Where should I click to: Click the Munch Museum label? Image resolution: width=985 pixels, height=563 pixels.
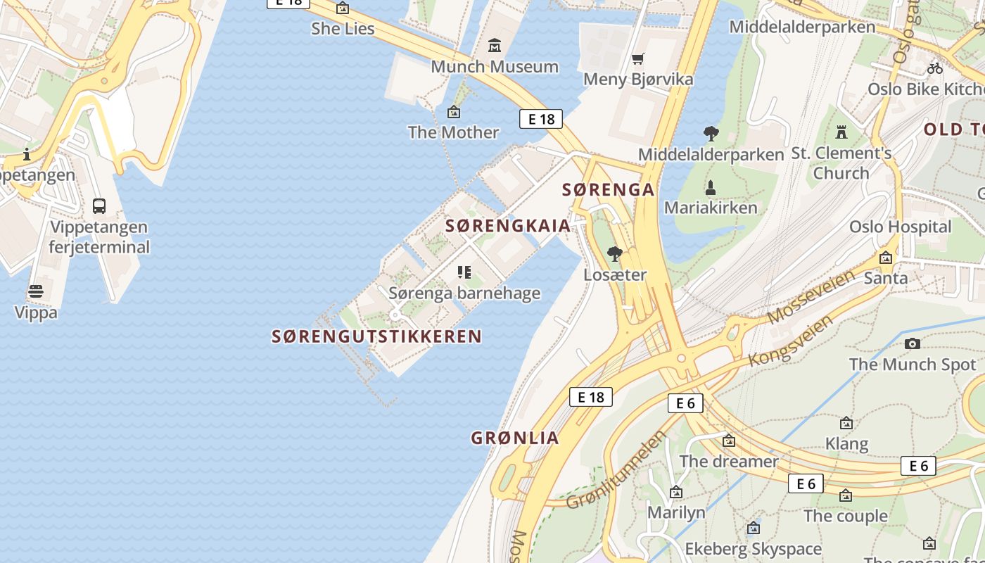[495, 67]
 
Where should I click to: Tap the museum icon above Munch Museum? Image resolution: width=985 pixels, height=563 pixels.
[495, 46]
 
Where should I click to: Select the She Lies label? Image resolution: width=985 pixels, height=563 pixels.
[343, 29]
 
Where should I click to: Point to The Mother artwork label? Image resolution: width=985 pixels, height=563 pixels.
[454, 132]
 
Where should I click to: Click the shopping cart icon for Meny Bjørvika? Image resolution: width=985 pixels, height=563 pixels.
[638, 58]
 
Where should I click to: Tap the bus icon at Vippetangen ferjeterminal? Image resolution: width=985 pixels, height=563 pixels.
[99, 206]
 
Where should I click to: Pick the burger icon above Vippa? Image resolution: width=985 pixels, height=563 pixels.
[36, 291]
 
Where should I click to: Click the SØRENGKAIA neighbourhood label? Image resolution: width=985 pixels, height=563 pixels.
[508, 226]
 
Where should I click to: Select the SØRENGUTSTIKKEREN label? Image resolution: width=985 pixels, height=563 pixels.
[376, 336]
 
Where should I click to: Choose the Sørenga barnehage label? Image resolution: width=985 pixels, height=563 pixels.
[464, 293]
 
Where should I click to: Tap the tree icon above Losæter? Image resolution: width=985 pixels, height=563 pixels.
[615, 253]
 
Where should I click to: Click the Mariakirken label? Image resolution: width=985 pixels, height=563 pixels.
[711, 208]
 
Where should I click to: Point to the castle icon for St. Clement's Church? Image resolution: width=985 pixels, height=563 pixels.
[841, 132]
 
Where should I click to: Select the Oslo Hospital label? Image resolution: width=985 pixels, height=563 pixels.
[900, 227]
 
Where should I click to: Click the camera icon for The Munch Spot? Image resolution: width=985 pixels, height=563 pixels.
[913, 343]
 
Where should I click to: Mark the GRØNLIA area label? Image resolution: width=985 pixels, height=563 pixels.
[515, 438]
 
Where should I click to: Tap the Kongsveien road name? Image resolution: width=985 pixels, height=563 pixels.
[792, 340]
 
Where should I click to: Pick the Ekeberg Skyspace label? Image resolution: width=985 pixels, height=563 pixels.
[753, 549]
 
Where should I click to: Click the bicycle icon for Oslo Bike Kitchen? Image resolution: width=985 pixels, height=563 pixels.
[935, 68]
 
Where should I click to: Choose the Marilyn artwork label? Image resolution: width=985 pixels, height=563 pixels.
[676, 512]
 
